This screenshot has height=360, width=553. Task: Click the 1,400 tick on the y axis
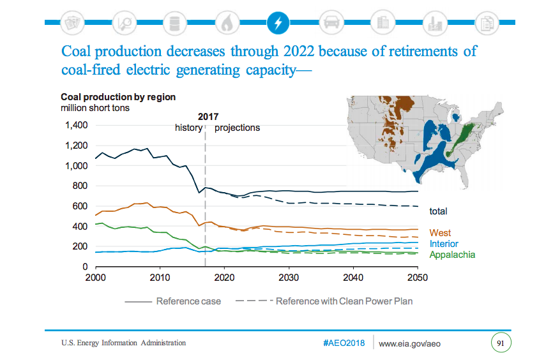click(x=77, y=125)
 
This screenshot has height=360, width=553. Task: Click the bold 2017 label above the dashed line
click(x=208, y=117)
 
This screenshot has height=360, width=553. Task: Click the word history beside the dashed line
click(x=188, y=128)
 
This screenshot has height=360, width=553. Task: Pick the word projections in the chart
click(x=237, y=128)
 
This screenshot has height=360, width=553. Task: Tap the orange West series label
click(x=440, y=233)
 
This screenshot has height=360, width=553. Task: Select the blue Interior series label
click(x=444, y=244)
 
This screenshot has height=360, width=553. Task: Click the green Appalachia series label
click(x=452, y=255)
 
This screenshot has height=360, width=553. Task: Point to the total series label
click(x=438, y=211)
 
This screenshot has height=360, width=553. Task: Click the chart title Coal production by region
click(x=117, y=97)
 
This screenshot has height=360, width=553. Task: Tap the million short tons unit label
click(x=95, y=108)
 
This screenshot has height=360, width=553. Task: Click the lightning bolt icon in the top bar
click(x=277, y=23)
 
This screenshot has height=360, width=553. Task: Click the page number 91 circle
click(x=501, y=343)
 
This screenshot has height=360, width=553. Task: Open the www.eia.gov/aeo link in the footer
click(x=410, y=343)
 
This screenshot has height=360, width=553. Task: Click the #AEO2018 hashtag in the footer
click(x=344, y=343)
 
